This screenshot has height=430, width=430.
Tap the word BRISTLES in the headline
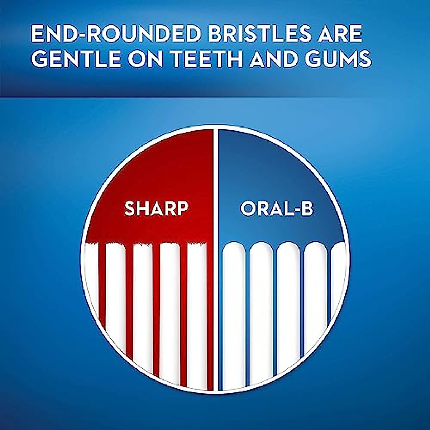click(256, 34)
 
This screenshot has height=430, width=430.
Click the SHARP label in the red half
click(156, 209)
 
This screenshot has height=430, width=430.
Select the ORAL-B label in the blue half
click(277, 209)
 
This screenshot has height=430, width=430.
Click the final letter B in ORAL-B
click(307, 209)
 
